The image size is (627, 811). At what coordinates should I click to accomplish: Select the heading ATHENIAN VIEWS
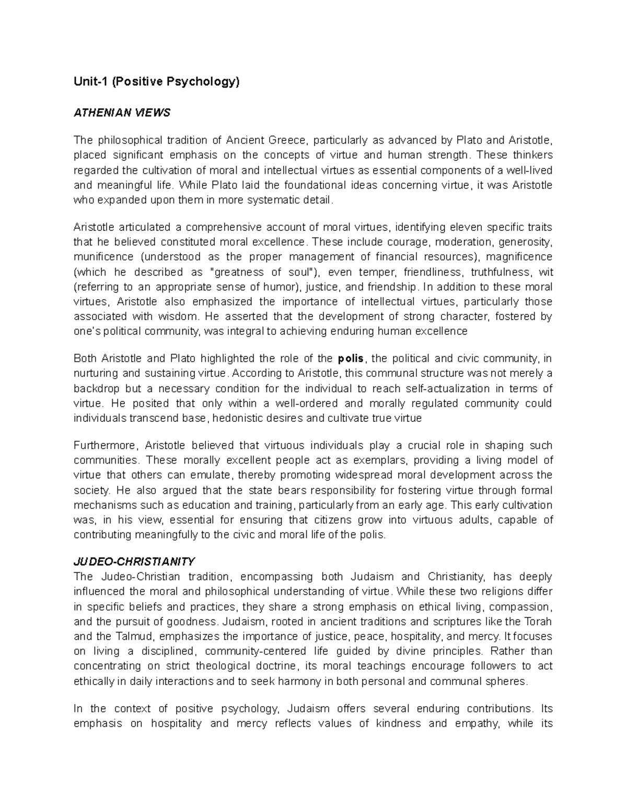122,113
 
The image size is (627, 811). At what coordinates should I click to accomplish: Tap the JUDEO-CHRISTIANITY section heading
134,561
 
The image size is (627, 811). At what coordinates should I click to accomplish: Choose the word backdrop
97,389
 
